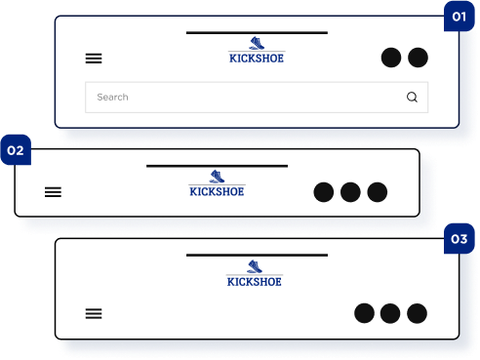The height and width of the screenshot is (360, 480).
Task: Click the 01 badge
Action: click(x=460, y=17)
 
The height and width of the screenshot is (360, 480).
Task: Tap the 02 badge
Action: click(x=16, y=150)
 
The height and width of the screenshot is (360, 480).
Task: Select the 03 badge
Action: click(x=460, y=239)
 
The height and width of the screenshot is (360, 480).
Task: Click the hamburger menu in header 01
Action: click(x=94, y=59)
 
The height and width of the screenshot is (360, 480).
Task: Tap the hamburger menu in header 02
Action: click(x=53, y=192)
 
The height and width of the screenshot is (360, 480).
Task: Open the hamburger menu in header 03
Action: click(x=94, y=313)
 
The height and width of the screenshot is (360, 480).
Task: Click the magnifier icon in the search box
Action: click(x=412, y=97)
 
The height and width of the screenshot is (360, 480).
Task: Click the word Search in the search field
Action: click(x=112, y=97)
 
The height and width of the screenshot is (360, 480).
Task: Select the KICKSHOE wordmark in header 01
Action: click(x=257, y=59)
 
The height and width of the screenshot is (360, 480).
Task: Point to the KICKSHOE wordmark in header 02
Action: click(x=217, y=191)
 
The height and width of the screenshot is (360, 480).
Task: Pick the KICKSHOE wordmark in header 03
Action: click(x=255, y=282)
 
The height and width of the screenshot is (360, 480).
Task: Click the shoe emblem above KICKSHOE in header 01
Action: click(x=257, y=43)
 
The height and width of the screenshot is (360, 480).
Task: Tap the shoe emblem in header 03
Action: click(x=255, y=266)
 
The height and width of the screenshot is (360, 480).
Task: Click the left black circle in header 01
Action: click(x=391, y=58)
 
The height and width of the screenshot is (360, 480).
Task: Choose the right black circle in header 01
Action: click(x=418, y=58)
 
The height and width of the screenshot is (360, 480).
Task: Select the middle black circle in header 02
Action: click(x=350, y=192)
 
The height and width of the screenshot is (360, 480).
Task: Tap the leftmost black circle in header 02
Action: click(x=324, y=192)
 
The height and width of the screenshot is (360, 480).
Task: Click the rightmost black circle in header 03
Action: click(x=417, y=313)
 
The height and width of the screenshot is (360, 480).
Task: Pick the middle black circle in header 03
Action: click(x=390, y=313)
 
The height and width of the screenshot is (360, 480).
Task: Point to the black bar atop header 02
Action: click(x=218, y=166)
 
